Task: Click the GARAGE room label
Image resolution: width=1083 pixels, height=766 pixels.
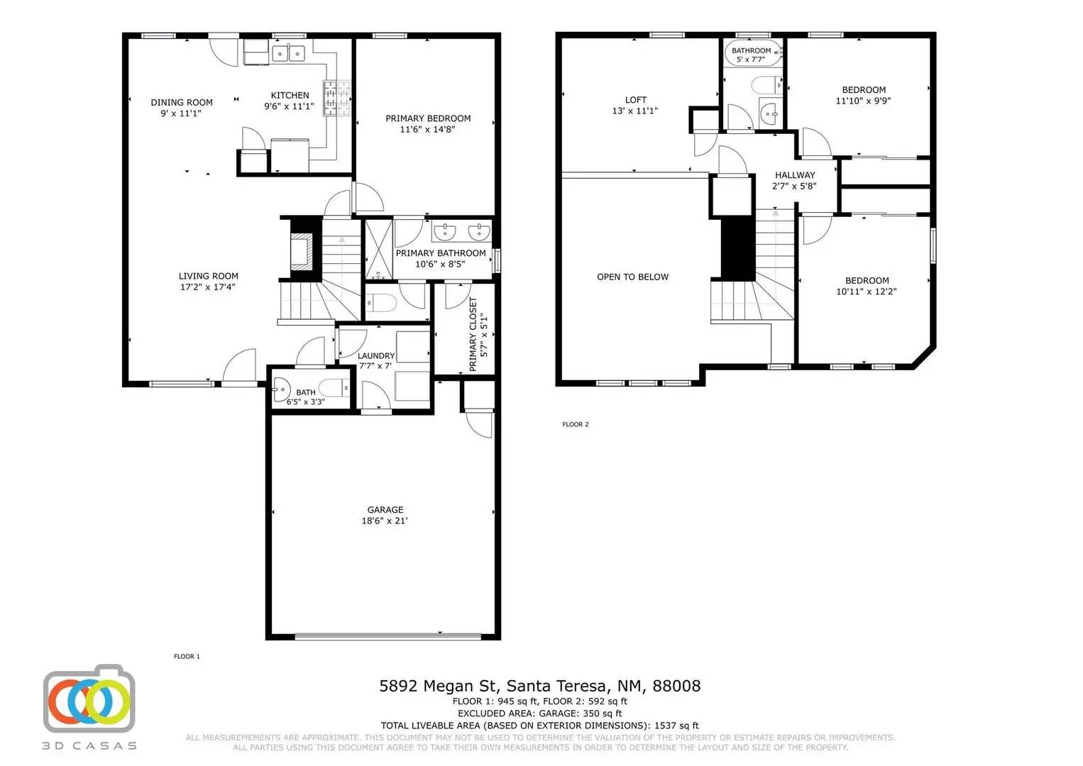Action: (x=385, y=509)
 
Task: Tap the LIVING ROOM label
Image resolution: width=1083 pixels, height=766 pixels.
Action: (x=209, y=276)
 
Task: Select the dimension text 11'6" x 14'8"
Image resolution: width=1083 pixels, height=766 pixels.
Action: (x=427, y=129)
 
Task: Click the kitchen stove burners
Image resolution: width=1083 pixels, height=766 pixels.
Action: (x=337, y=98)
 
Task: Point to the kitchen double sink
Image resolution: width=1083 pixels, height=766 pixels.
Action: (x=289, y=53)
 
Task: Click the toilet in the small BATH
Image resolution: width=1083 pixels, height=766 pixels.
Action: (x=334, y=387)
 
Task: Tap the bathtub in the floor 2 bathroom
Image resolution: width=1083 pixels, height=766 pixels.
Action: (x=752, y=53)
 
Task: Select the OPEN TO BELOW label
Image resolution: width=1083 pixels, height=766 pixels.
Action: (x=632, y=277)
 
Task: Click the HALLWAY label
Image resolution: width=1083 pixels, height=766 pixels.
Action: (x=795, y=175)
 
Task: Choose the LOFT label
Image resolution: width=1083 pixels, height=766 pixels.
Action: (x=635, y=99)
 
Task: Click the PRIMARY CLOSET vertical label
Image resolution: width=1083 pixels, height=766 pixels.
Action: (x=473, y=335)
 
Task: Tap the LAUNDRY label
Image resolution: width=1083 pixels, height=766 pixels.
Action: (x=375, y=356)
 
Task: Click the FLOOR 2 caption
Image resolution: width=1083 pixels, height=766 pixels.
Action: (x=576, y=424)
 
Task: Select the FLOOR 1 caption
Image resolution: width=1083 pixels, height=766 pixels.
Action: (x=187, y=656)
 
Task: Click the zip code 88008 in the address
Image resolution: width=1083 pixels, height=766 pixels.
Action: (x=676, y=686)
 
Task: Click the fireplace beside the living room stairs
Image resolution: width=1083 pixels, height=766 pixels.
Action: (x=302, y=251)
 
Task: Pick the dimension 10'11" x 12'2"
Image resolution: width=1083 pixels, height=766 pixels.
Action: (x=867, y=292)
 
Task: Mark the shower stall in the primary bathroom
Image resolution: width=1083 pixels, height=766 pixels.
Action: (x=378, y=250)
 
